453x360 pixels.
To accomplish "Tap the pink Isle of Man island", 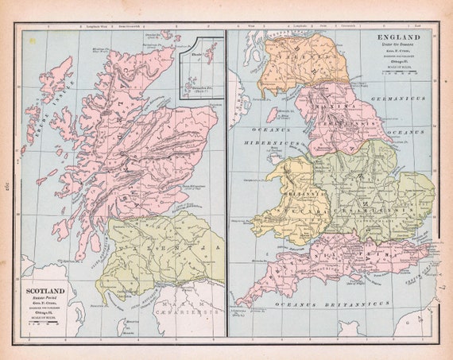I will (x=273, y=114).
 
